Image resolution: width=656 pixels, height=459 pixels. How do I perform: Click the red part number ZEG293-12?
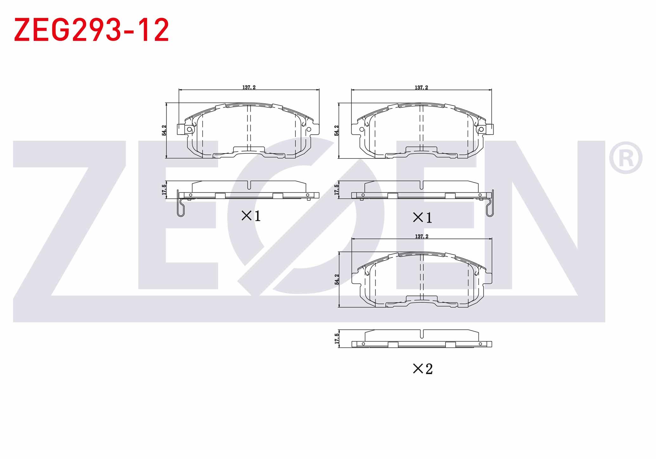(91, 30)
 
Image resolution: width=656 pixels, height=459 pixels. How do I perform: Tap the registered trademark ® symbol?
(626, 158)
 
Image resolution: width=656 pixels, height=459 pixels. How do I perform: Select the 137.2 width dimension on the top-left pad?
(249, 87)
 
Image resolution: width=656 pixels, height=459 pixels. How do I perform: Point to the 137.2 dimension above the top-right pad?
(421, 87)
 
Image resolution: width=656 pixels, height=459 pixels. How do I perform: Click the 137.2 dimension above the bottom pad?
(422, 236)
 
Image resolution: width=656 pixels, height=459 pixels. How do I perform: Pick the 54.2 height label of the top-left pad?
(164, 130)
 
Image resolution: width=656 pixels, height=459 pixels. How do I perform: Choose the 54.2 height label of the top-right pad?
(337, 130)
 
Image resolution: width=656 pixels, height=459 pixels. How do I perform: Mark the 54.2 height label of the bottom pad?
(337, 279)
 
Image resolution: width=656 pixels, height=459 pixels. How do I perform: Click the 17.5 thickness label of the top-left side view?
(164, 190)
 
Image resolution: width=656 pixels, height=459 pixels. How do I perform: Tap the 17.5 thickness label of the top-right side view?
(337, 190)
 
